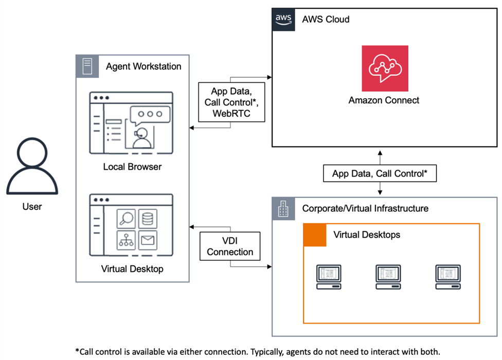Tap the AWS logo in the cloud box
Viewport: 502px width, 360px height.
[283, 20]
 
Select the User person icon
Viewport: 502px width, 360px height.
[32, 165]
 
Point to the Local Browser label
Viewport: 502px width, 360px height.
[132, 167]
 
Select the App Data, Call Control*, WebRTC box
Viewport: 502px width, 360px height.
[231, 102]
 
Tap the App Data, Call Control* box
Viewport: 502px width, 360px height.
[380, 173]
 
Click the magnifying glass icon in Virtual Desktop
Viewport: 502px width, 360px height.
[126, 219]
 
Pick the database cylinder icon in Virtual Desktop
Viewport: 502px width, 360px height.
[148, 219]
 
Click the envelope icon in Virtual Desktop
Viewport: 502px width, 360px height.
[148, 240]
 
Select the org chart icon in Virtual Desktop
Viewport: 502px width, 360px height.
[126, 240]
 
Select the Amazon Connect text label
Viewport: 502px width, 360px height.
[384, 100]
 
